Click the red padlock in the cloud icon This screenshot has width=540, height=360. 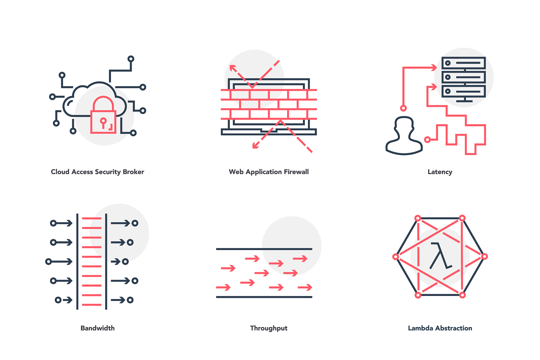pyautogui.click(x=103, y=122)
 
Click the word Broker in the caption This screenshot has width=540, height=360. pyautogui.click(x=133, y=172)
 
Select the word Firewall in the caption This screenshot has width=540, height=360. pyautogui.click(x=296, y=172)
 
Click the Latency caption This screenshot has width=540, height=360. pyautogui.click(x=440, y=172)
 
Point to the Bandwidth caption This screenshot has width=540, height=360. pyautogui.click(x=98, y=328)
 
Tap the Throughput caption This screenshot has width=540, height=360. pyautogui.click(x=269, y=328)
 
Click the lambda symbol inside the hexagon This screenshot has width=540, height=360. pyautogui.click(x=440, y=256)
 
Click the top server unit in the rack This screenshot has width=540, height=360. pyautogui.click(x=464, y=63)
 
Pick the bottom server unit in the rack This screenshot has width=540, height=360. pyautogui.click(x=464, y=91)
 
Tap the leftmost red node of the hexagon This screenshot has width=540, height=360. pyautogui.click(x=396, y=257)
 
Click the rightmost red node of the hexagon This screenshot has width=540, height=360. pyautogui.click(x=484, y=256)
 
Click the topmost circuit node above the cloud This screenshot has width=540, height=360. pyautogui.click(x=131, y=59)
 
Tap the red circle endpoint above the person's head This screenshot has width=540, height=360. pyautogui.click(x=403, y=108)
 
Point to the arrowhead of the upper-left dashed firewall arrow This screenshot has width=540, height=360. pyautogui.click(x=232, y=68)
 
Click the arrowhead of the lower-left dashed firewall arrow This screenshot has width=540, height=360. pyautogui.click(x=255, y=146)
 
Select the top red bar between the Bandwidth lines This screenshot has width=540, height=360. pyautogui.click(x=92, y=218)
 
